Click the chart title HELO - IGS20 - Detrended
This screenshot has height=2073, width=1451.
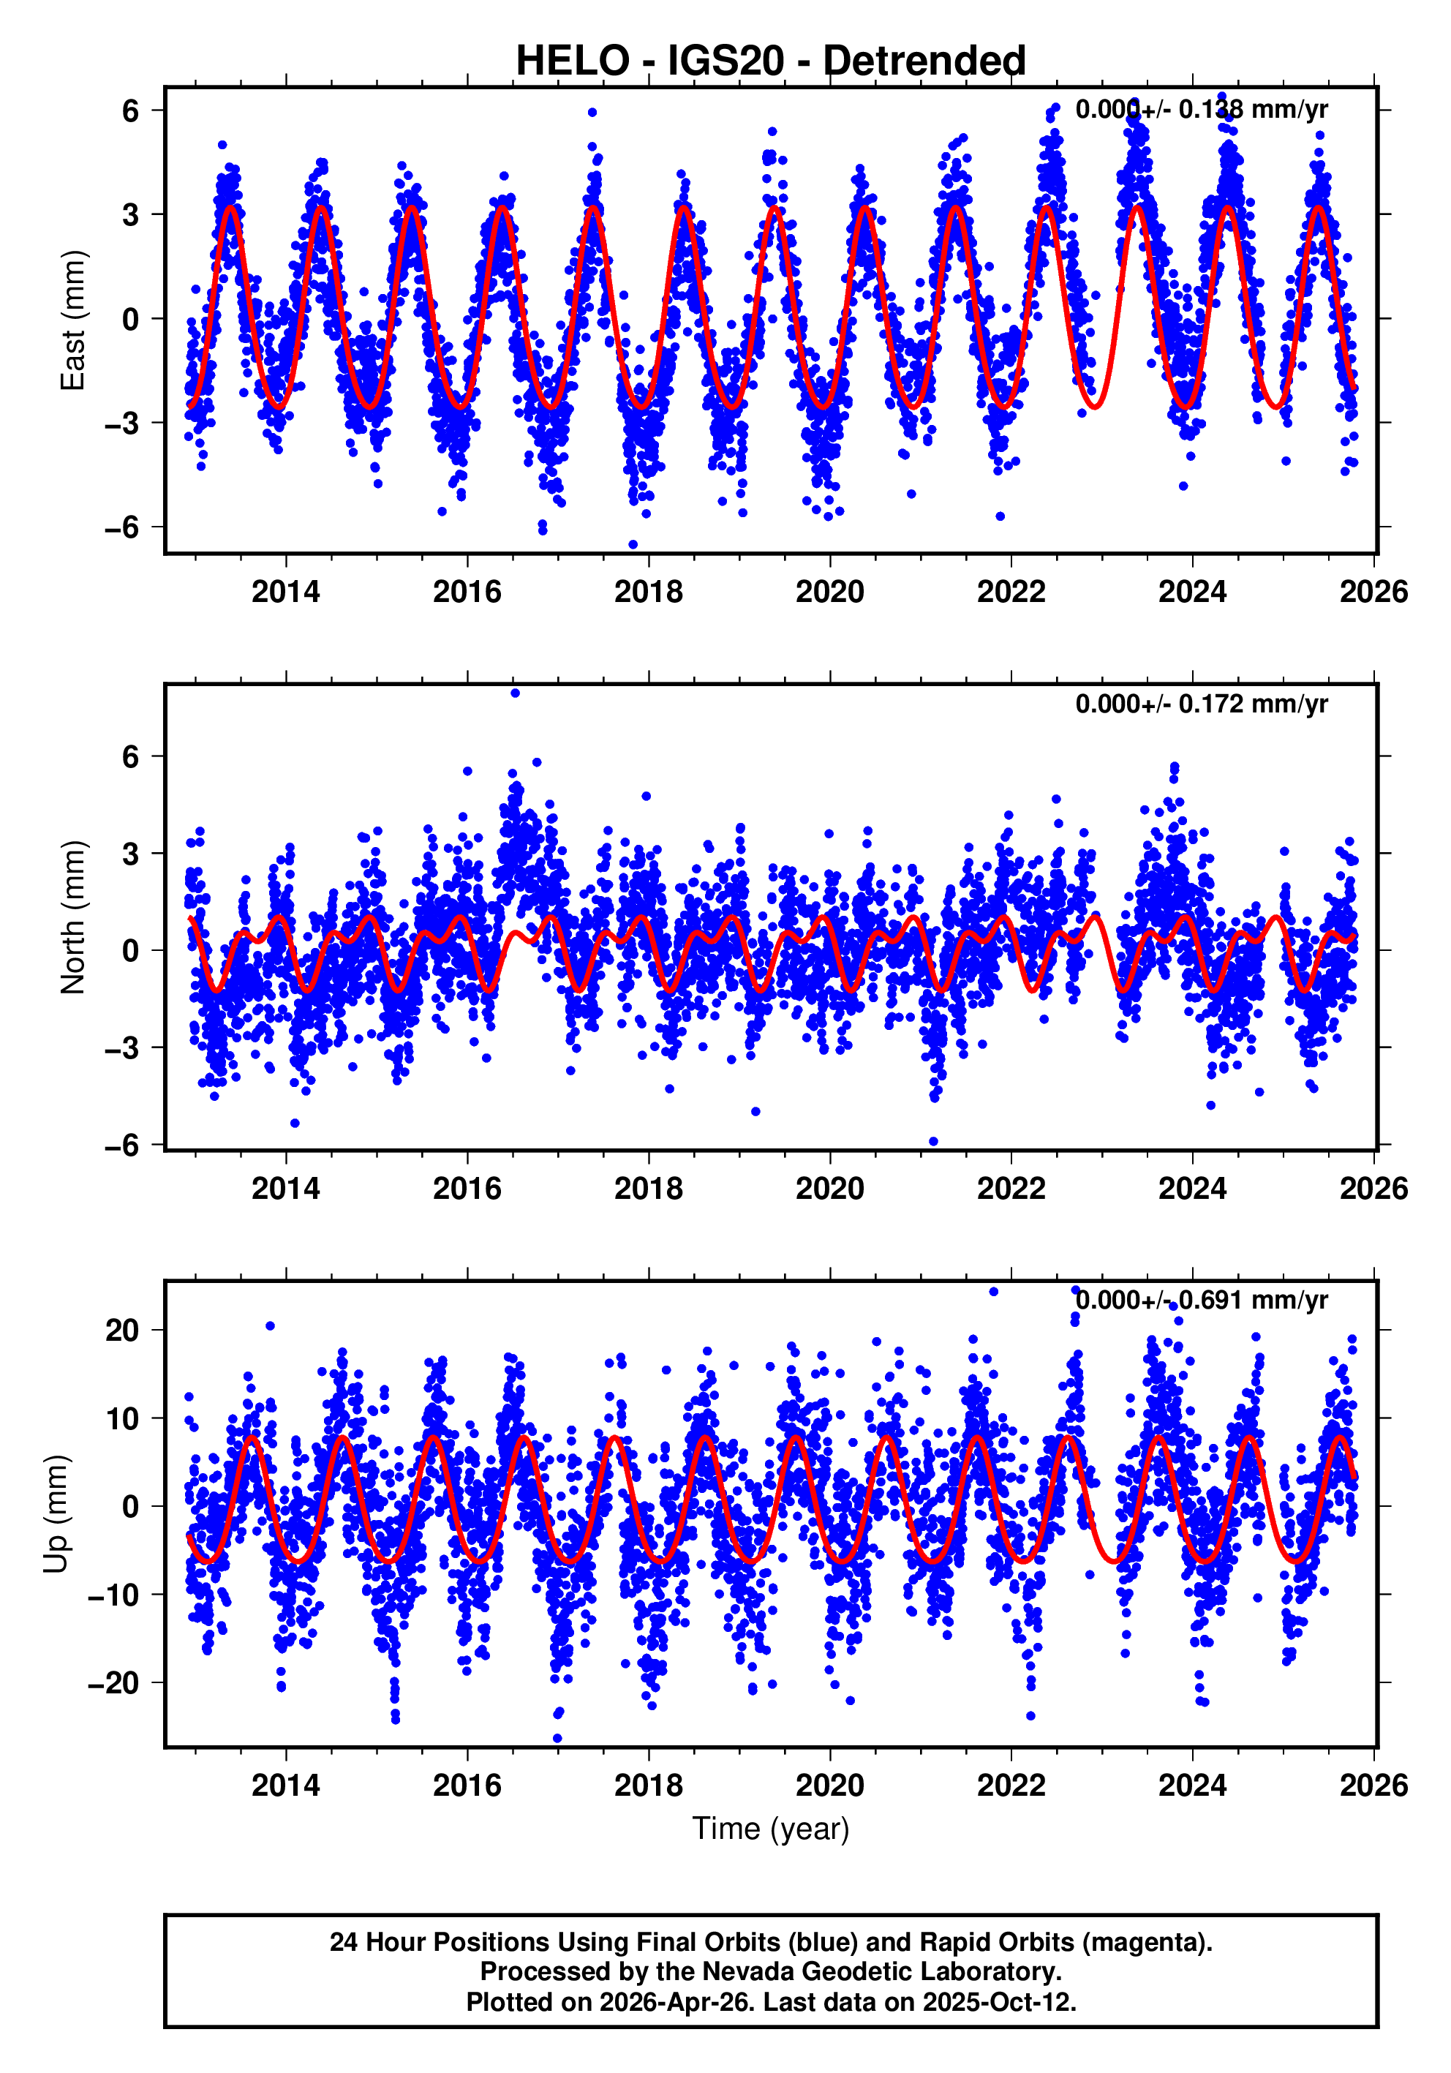pos(770,61)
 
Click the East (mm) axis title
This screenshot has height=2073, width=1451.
pos(72,320)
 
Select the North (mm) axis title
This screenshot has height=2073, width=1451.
pos(72,917)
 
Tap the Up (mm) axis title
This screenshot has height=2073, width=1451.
pos(56,1514)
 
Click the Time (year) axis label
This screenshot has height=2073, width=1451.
pos(770,1827)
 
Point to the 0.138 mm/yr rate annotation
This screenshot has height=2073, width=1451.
pos(1201,109)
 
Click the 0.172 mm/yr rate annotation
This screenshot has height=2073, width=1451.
pos(1201,704)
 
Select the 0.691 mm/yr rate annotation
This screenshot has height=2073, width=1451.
pos(1201,1300)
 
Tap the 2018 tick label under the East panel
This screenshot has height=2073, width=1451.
pos(648,591)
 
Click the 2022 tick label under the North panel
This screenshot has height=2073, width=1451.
pos(1011,1188)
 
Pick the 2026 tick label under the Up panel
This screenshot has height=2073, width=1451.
pos(1373,1785)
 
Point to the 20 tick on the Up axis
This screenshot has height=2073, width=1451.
pos(122,1330)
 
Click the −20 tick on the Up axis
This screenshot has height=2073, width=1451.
pos(114,1683)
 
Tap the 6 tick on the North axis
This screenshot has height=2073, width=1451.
pos(131,756)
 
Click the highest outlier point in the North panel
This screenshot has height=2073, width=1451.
pos(515,693)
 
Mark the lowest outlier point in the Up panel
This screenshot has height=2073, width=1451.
pos(557,1738)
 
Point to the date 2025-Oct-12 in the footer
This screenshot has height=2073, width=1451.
pos(998,2001)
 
